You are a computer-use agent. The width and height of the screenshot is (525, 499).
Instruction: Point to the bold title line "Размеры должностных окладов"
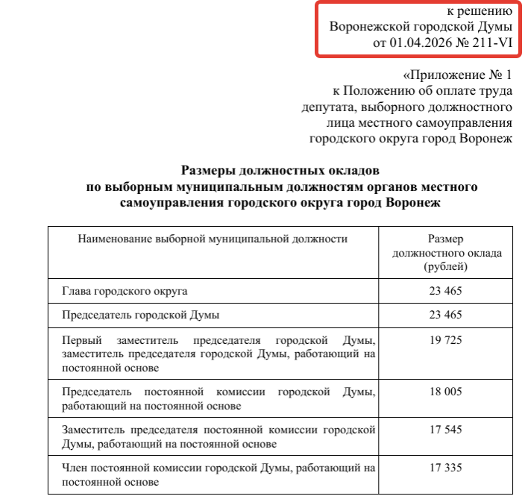point(280,170)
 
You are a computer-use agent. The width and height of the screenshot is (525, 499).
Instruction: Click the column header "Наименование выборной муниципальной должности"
point(213,239)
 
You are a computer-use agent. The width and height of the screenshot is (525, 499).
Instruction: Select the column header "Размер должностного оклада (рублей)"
point(447,252)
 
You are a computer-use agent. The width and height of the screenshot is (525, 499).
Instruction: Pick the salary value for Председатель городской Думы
point(446,315)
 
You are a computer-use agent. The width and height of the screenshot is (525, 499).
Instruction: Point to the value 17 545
point(446,430)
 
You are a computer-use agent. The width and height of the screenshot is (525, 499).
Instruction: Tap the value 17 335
point(446,468)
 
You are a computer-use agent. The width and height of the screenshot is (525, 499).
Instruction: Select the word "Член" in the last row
point(76,468)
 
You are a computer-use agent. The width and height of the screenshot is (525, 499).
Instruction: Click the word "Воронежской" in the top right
point(368,26)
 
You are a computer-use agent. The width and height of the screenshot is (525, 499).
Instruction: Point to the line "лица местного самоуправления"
point(419,122)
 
